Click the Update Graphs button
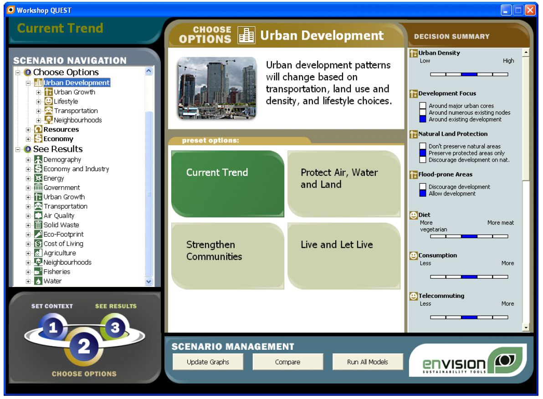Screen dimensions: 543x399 [x=208, y=362]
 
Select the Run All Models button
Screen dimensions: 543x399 [x=368, y=362]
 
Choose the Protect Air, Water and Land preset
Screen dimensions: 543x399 [x=344, y=184]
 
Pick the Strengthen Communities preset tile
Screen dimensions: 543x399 [x=227, y=256]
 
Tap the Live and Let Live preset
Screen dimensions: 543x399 [x=344, y=256]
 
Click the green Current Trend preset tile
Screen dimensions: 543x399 [x=227, y=184]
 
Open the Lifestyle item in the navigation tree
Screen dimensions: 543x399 [x=66, y=102]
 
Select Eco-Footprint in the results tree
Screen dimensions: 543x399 [x=63, y=235]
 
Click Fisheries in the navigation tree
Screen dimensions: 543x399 [x=57, y=272]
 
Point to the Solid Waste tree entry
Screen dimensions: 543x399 [x=61, y=225]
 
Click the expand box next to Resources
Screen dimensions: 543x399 [x=28, y=130]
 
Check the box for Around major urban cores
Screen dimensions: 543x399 [x=422, y=106]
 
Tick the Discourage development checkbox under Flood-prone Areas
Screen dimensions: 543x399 [x=422, y=187]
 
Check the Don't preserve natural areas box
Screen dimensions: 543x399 [x=422, y=146]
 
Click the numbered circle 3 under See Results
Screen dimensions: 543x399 [x=115, y=327]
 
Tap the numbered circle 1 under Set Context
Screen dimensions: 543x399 [x=52, y=327]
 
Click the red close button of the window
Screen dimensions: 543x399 [x=530, y=10]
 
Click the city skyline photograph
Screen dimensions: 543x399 [x=217, y=88]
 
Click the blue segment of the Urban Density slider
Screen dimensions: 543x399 [x=469, y=74]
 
